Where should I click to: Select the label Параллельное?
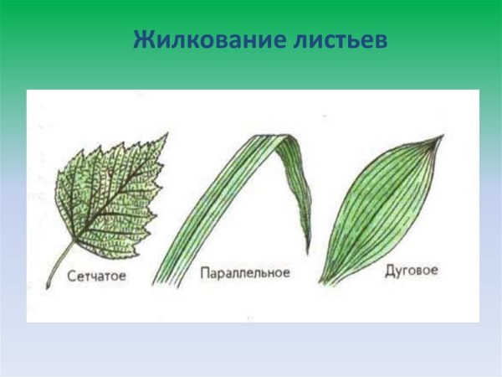(245, 273)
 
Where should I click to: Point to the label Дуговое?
(411, 271)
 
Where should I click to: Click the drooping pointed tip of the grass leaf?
(308, 252)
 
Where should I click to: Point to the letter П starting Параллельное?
(205, 273)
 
